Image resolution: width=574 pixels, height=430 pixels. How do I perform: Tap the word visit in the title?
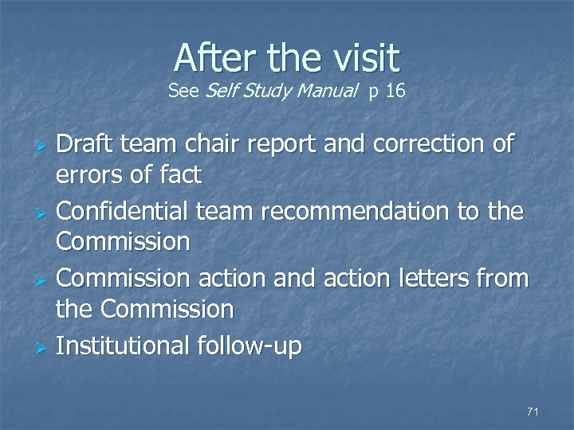360,57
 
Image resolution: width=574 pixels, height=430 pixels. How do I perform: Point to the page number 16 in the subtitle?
395,92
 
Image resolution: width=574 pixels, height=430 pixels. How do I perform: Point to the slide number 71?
533,412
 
